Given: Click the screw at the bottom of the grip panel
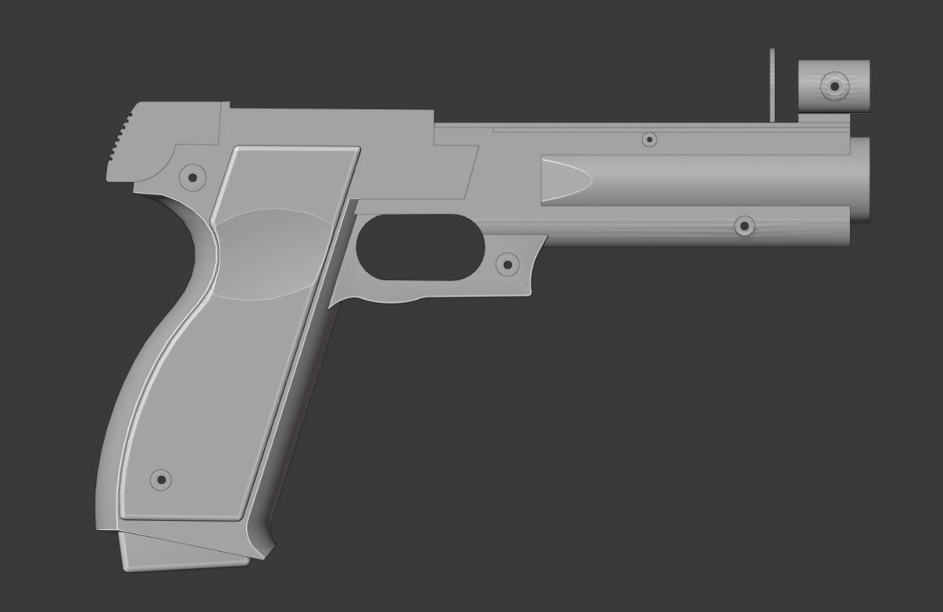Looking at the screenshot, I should (x=160, y=479).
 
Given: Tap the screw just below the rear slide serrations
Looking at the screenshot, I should (x=192, y=176).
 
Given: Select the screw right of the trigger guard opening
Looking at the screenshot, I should (x=507, y=265).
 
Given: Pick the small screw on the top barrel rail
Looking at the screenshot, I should (x=648, y=140).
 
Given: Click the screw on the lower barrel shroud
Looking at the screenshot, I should (x=745, y=226).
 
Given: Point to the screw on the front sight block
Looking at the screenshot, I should (x=834, y=85).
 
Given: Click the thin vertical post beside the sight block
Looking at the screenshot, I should (x=772, y=86).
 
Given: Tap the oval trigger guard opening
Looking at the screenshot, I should (x=420, y=247).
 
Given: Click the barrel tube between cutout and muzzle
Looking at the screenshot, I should (x=719, y=180).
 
